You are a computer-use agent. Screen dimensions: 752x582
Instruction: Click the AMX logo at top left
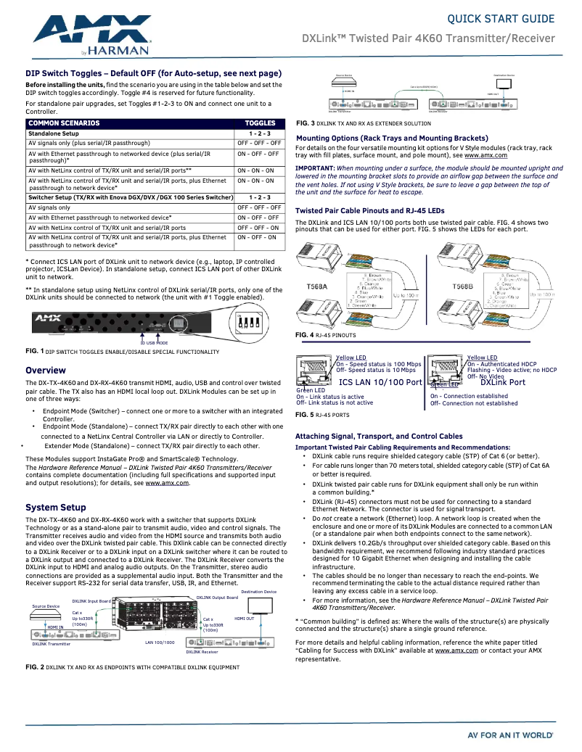(x=91, y=32)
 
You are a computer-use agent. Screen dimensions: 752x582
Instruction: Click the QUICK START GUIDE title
(x=501, y=18)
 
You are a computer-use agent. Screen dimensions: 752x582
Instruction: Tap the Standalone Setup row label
(x=53, y=133)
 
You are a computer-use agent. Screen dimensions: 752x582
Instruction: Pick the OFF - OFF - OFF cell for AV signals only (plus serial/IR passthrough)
(x=260, y=144)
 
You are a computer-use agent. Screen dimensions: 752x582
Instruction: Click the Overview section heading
(x=46, y=371)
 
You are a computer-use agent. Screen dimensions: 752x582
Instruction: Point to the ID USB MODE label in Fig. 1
(x=153, y=343)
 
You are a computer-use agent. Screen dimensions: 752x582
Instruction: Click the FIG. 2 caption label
(x=35, y=667)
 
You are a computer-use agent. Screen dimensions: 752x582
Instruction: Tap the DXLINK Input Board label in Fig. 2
(x=91, y=601)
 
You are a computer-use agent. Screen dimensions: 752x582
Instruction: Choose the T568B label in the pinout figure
(x=463, y=286)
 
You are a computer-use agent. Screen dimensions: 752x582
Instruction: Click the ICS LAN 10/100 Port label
(x=380, y=381)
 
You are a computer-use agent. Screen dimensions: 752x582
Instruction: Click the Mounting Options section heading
(x=392, y=138)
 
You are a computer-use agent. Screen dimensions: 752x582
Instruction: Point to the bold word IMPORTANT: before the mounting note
(x=315, y=168)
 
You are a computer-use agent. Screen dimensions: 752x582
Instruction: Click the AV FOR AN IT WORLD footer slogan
(x=510, y=735)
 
